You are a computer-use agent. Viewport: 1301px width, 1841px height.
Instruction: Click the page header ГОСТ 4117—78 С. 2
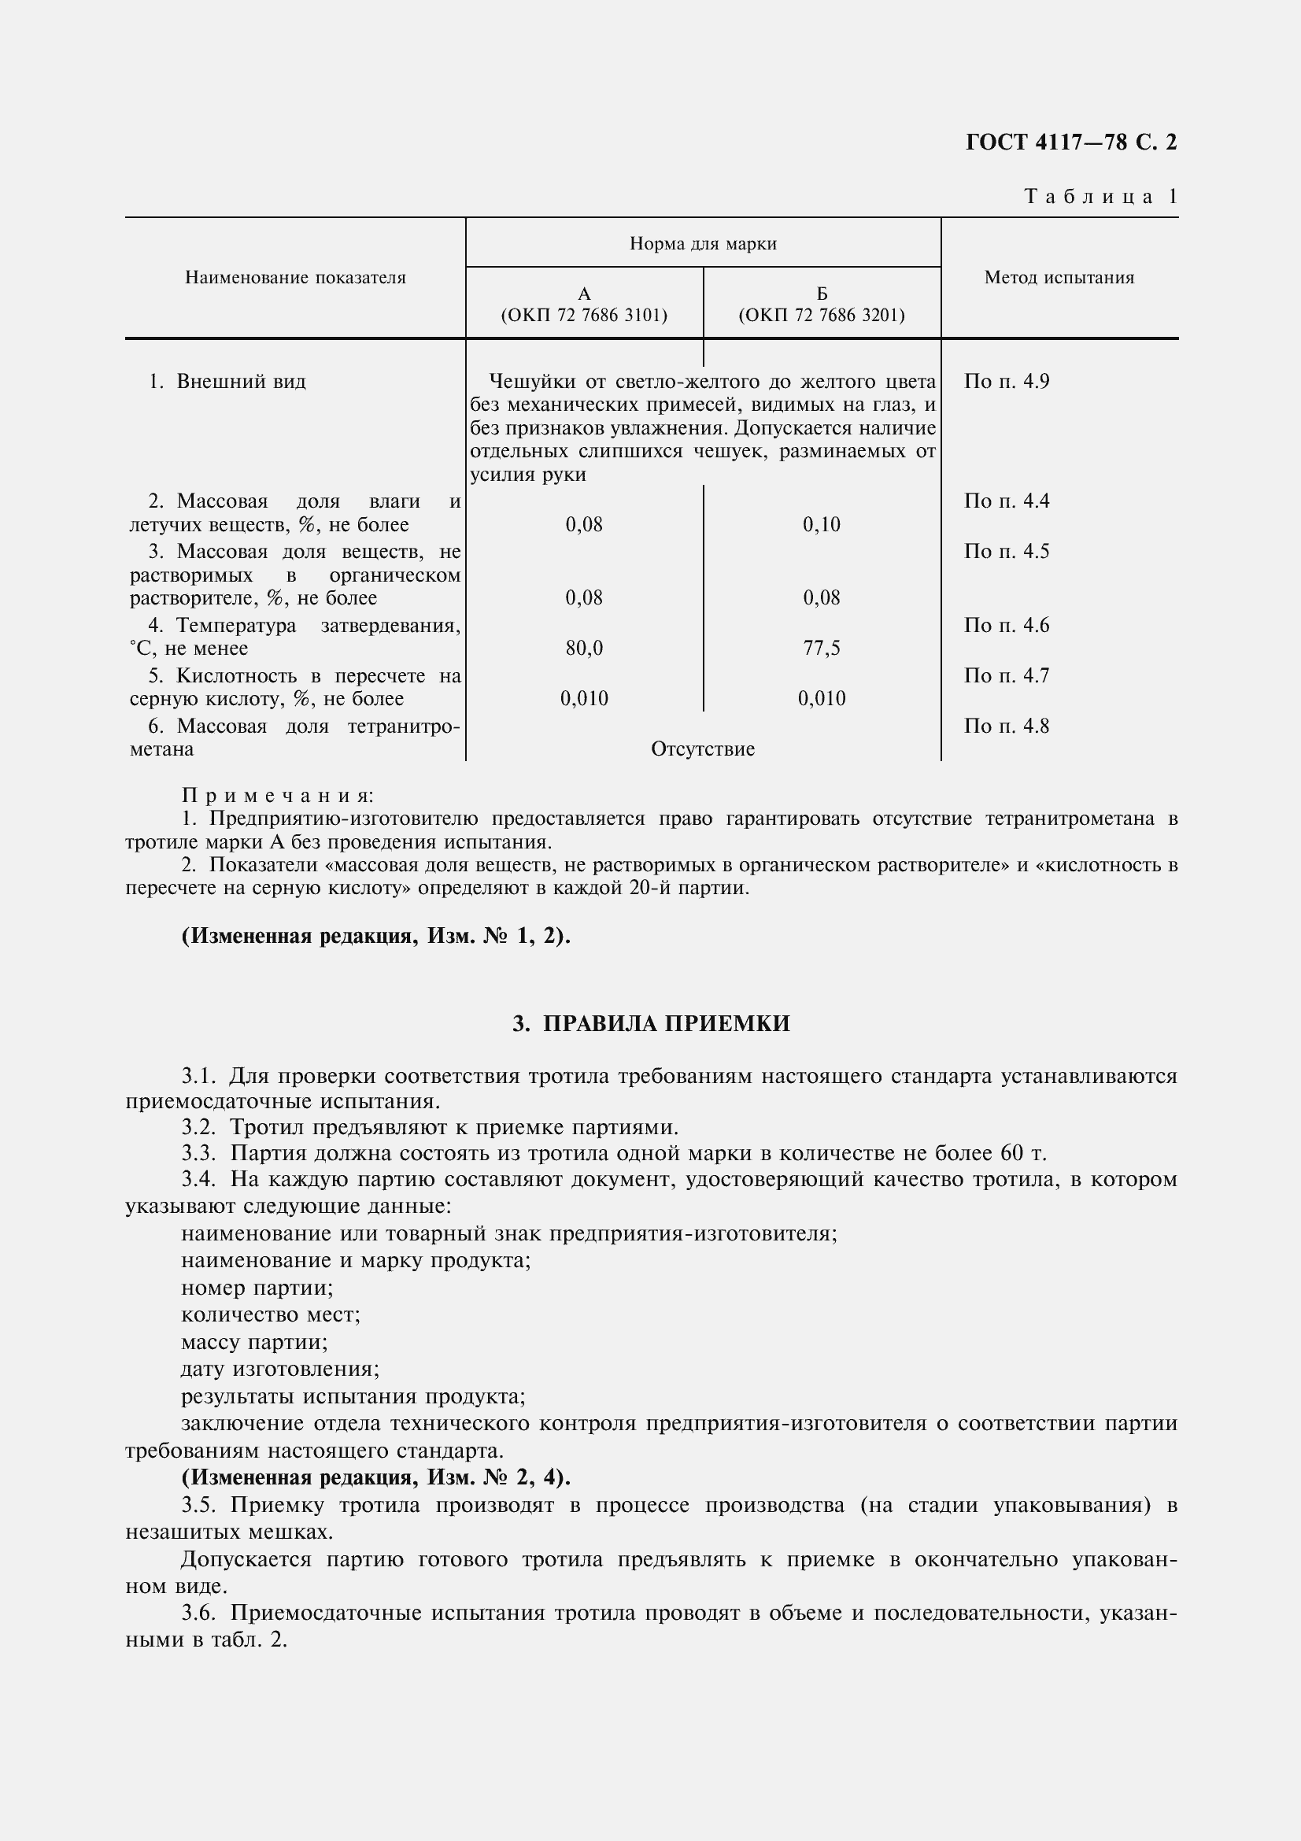click(1071, 142)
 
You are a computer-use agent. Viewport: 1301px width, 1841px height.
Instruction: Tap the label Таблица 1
click(1100, 197)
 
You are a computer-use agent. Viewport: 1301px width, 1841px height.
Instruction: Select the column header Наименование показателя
click(295, 277)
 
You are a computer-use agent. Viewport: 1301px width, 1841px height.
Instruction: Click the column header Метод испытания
click(1059, 277)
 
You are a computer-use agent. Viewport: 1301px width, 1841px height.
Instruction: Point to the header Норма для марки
click(703, 243)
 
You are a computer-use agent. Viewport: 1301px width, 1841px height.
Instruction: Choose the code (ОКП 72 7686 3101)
click(583, 315)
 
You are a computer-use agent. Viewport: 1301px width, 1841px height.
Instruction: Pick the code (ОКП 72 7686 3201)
click(822, 315)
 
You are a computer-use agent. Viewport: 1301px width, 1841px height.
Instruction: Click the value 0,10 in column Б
click(822, 525)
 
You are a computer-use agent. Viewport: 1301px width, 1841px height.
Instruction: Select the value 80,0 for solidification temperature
click(583, 649)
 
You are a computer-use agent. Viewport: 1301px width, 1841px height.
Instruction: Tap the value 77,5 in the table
click(822, 649)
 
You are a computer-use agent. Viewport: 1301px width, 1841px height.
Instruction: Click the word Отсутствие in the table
click(703, 750)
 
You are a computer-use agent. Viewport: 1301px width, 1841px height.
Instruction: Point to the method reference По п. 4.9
click(1006, 382)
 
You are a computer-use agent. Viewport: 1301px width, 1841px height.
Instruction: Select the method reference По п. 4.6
click(1006, 626)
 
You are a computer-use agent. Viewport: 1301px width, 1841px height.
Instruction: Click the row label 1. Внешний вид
click(227, 382)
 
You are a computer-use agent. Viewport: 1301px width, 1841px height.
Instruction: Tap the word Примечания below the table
click(277, 796)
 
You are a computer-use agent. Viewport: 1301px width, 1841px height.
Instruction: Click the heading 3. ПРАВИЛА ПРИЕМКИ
click(651, 1024)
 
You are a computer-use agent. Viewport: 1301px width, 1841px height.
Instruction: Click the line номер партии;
click(257, 1288)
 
